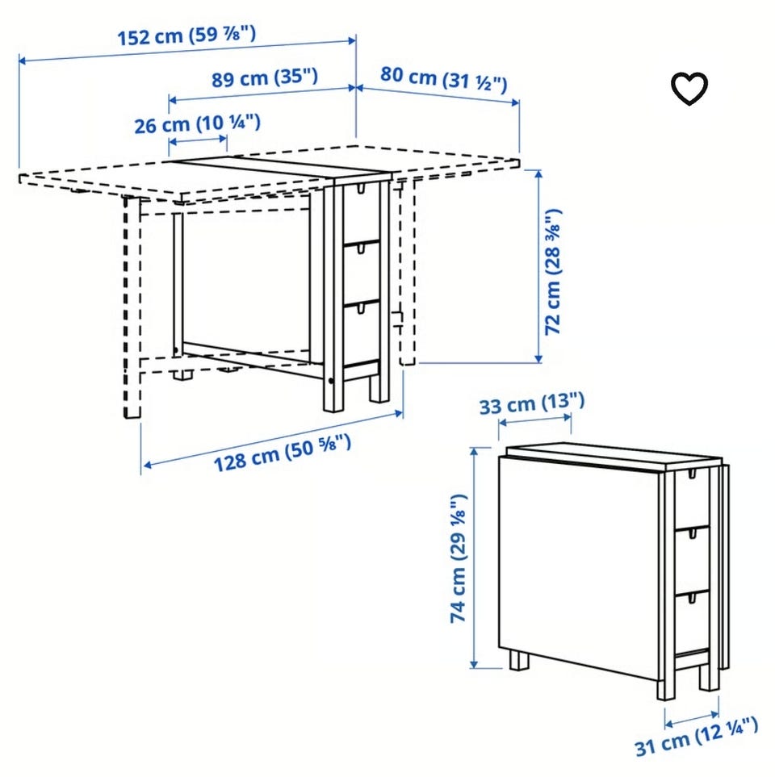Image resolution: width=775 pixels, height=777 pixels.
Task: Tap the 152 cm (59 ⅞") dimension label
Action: pyautogui.click(x=187, y=36)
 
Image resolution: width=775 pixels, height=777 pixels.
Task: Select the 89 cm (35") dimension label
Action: pyautogui.click(x=265, y=78)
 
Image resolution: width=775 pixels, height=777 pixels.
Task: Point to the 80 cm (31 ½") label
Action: pyautogui.click(x=444, y=79)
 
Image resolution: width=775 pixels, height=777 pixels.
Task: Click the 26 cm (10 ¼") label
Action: pyautogui.click(x=197, y=124)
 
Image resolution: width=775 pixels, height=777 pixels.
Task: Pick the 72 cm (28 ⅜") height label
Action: pyautogui.click(x=553, y=272)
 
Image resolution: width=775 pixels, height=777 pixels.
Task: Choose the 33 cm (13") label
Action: pyautogui.click(x=532, y=403)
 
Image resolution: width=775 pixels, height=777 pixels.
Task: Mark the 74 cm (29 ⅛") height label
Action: pyautogui.click(x=459, y=558)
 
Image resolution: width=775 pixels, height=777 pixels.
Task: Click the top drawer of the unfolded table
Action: pyautogui.click(x=361, y=212)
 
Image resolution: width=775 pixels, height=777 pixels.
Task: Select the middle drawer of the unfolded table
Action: pyautogui.click(x=361, y=274)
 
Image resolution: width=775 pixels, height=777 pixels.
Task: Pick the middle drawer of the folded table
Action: pyautogui.click(x=691, y=560)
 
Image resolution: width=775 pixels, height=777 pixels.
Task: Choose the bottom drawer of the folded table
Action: pyautogui.click(x=691, y=622)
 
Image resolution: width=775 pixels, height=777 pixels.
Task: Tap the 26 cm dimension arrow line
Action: pyautogui.click(x=198, y=141)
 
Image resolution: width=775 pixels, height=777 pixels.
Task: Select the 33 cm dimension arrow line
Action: pyautogui.click(x=534, y=420)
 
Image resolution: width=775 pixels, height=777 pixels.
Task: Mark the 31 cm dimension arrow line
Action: pyautogui.click(x=692, y=719)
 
